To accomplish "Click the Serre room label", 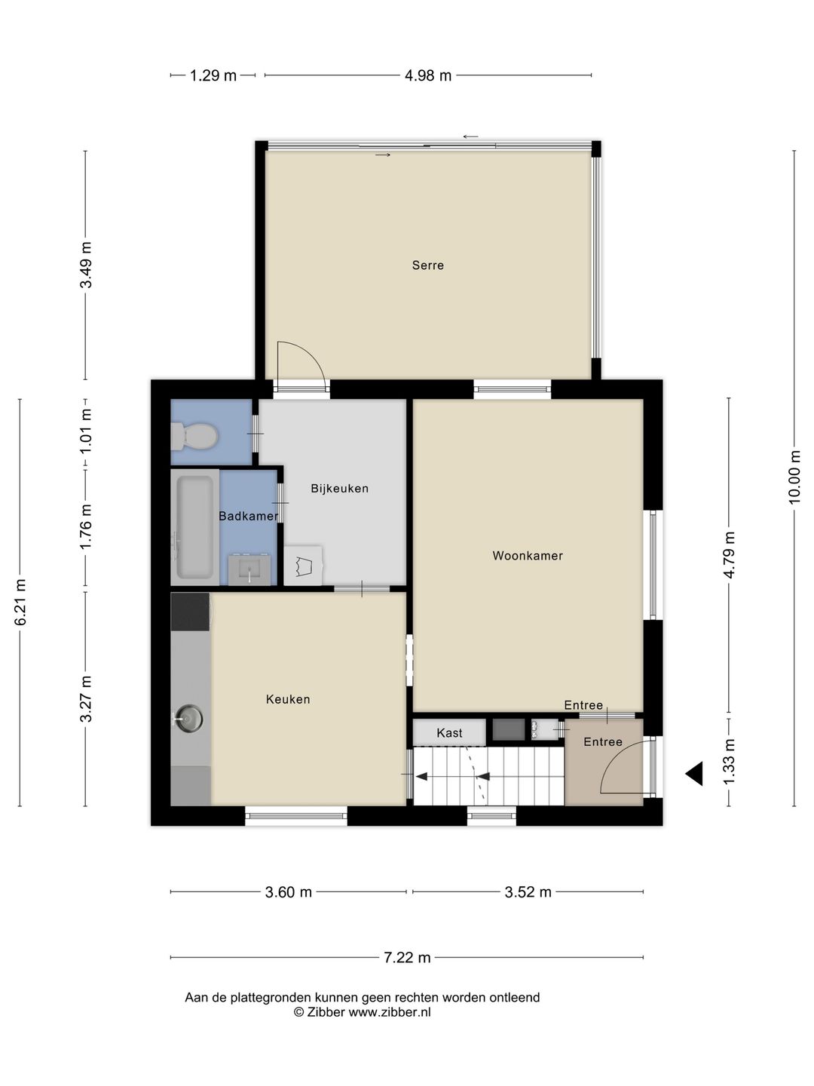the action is tap(427, 265).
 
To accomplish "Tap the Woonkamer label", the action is tap(528, 556).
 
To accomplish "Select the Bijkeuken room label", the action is tap(339, 489).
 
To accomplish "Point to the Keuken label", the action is tap(288, 699).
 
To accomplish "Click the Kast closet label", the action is tap(449, 733).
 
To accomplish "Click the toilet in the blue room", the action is tap(194, 437).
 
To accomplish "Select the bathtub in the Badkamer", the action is tap(194, 527).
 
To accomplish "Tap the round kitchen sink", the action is tap(188, 719).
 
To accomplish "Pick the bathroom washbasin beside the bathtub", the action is tap(249, 570).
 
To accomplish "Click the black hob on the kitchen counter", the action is tap(190, 612).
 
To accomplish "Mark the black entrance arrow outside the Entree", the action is tap(694, 773).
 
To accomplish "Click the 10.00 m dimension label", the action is tap(794, 477).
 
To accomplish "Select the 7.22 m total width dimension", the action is tap(407, 957).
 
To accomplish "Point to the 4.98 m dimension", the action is tap(428, 75).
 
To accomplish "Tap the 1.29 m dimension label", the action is tap(213, 75).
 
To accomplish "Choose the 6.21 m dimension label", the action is tap(20, 602).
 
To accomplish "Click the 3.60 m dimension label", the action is tap(288, 892).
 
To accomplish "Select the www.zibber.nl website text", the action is tap(390, 1012).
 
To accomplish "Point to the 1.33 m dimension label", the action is tap(729, 761).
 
